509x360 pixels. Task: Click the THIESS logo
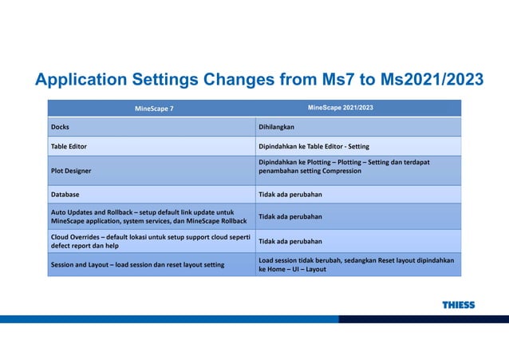(458, 305)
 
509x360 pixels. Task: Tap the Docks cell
(60, 127)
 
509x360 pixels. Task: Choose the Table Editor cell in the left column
(69, 147)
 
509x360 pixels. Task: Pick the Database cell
(65, 194)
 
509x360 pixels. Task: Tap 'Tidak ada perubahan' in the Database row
(290, 194)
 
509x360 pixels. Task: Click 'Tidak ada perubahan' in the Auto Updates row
(290, 216)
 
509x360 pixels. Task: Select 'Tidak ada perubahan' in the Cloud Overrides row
(290, 241)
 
